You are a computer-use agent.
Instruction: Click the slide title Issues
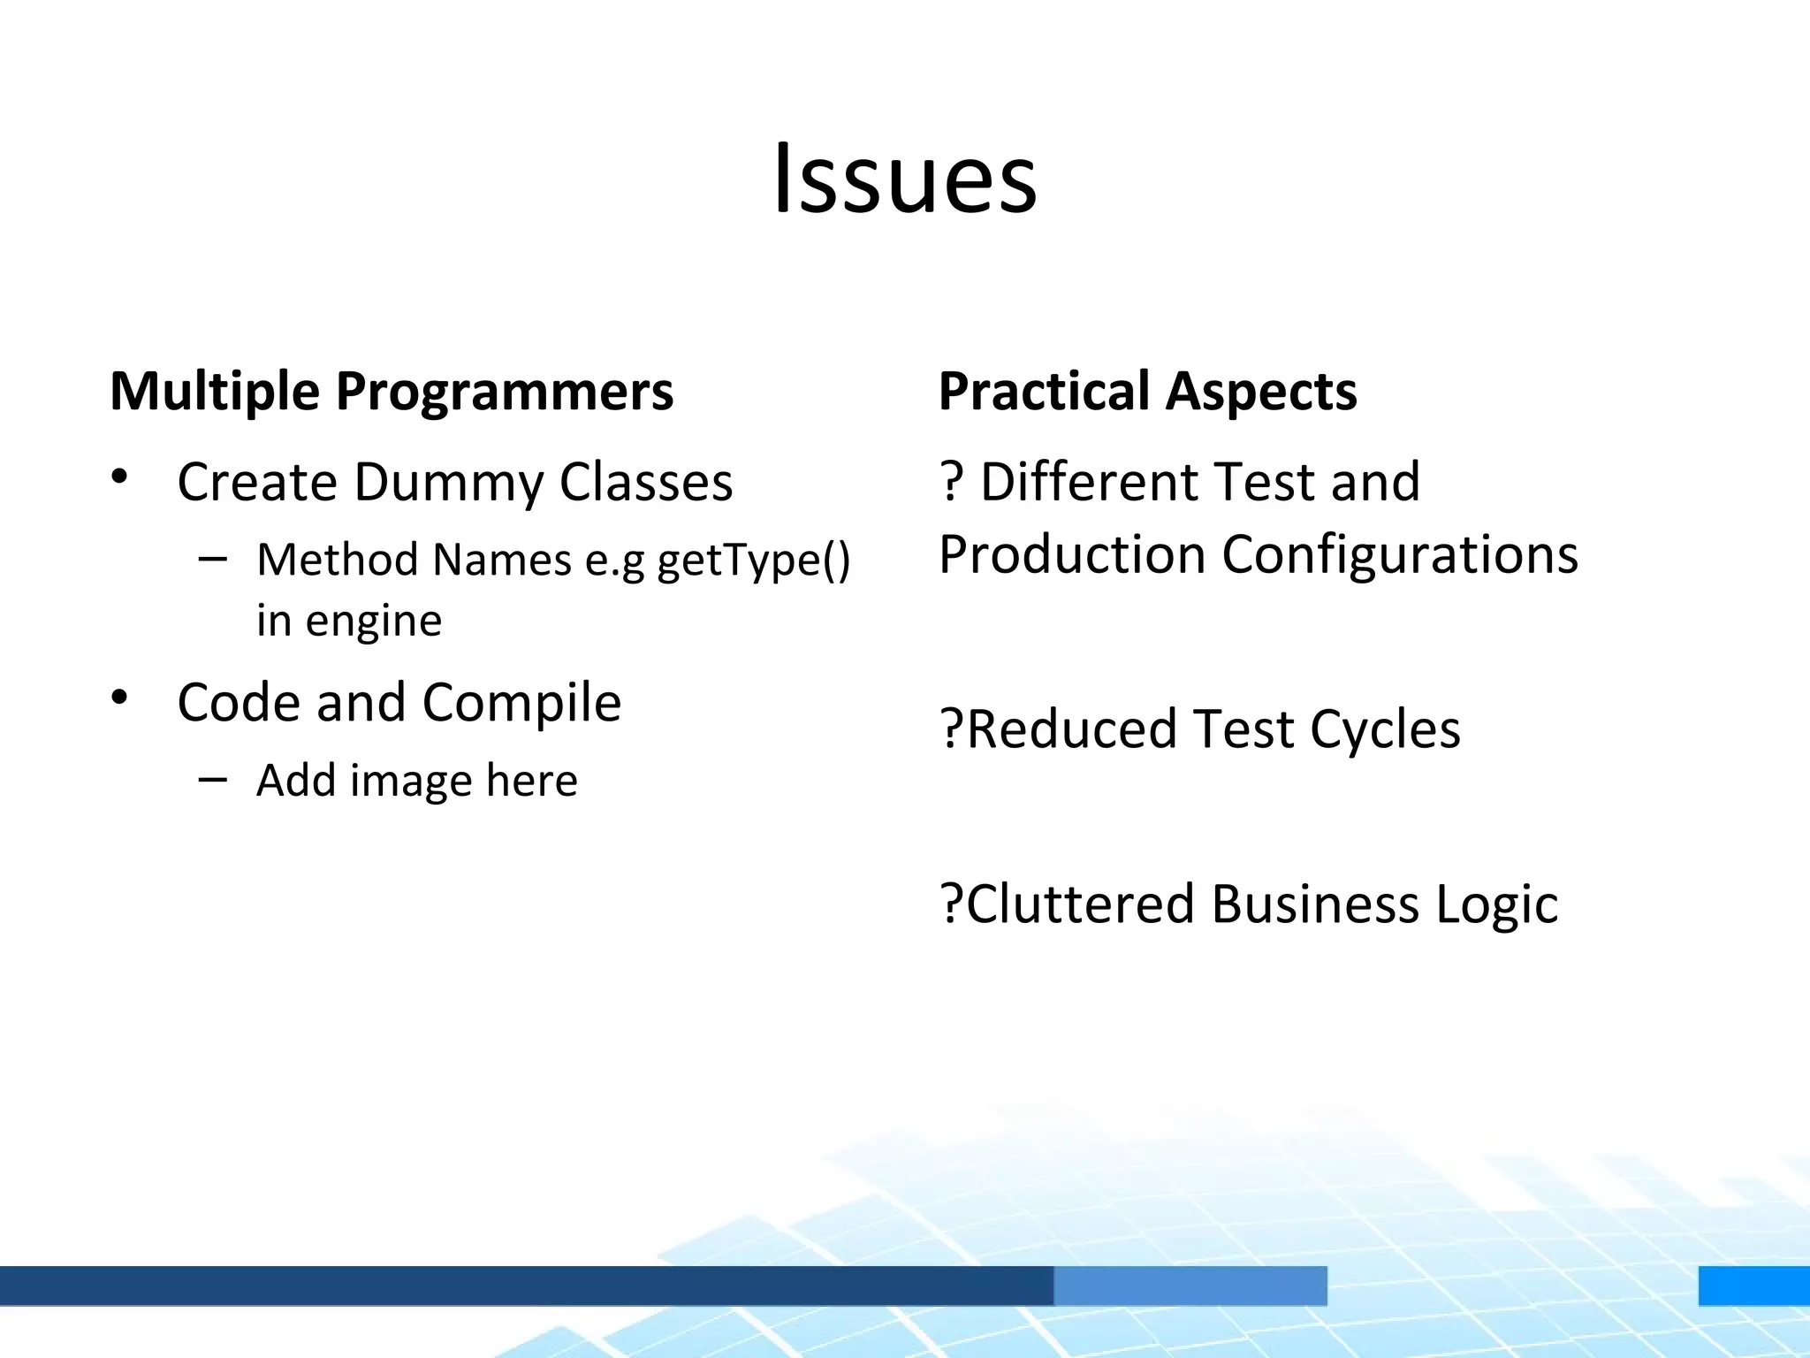pyautogui.click(x=905, y=180)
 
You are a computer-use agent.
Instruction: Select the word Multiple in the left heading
pyautogui.click(x=215, y=391)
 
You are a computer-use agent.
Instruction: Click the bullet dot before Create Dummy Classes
pyautogui.click(x=120, y=477)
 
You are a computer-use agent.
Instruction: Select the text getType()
pyautogui.click(x=754, y=561)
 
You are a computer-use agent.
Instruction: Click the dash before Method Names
pyautogui.click(x=213, y=559)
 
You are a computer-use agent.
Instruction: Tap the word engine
pyautogui.click(x=373, y=622)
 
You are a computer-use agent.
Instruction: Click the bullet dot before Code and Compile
pyautogui.click(x=120, y=698)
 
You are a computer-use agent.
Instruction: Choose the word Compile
pyautogui.click(x=521, y=703)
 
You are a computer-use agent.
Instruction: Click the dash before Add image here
pyautogui.click(x=213, y=779)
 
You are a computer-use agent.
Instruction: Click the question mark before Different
pyautogui.click(x=951, y=483)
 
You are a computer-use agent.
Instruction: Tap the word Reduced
pyautogui.click(x=1072, y=729)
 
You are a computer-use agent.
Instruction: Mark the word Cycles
pyautogui.click(x=1385, y=730)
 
